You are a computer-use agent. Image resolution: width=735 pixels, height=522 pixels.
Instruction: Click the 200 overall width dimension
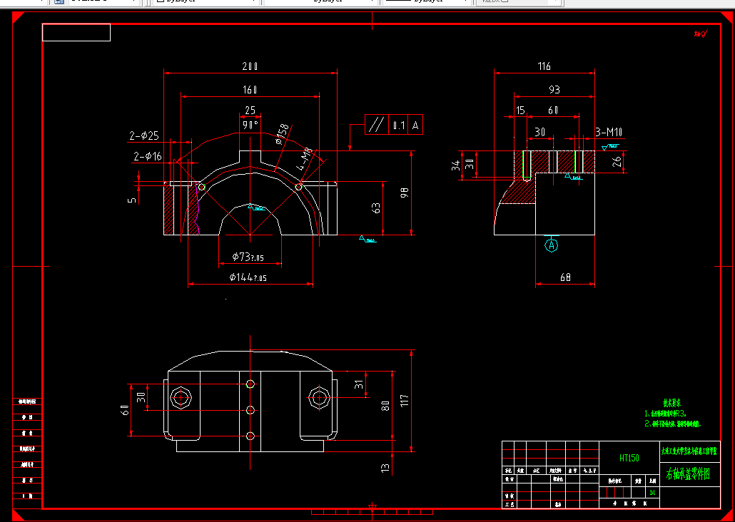coord(250,66)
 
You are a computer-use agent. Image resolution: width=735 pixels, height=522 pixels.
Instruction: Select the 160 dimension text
coord(250,90)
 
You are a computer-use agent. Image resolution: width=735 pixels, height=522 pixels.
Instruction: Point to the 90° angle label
coord(250,124)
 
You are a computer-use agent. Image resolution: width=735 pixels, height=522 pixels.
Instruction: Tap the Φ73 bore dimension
coord(248,257)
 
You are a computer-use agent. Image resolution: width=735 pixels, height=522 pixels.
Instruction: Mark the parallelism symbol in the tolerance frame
coord(375,125)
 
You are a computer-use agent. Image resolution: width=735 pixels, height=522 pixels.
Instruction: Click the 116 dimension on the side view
coord(544,66)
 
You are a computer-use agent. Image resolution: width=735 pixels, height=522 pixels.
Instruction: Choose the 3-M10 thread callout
coord(609,132)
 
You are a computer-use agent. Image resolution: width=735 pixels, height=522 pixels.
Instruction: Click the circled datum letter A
coord(551,245)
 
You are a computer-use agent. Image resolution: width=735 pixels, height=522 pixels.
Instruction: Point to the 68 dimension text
coord(565,277)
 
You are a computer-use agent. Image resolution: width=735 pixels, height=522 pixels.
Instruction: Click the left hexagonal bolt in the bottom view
coord(179,397)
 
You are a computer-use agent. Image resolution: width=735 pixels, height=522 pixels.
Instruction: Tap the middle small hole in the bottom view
coord(250,410)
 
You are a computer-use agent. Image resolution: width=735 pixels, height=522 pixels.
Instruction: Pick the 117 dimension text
coord(404,401)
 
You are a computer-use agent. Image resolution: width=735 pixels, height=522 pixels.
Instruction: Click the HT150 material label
coord(629,458)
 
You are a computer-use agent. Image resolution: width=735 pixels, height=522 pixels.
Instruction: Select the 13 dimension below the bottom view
coord(386,468)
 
